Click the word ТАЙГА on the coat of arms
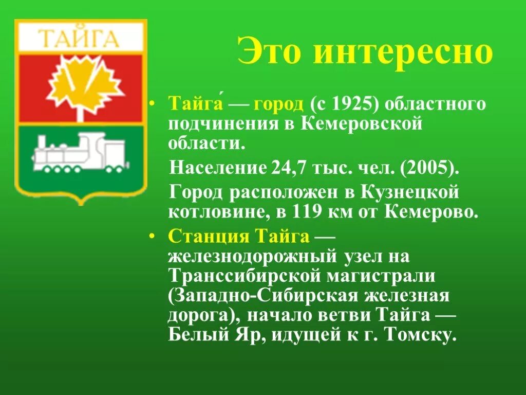(80, 39)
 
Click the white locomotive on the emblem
(80, 151)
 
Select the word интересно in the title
(403, 51)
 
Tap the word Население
(215, 167)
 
